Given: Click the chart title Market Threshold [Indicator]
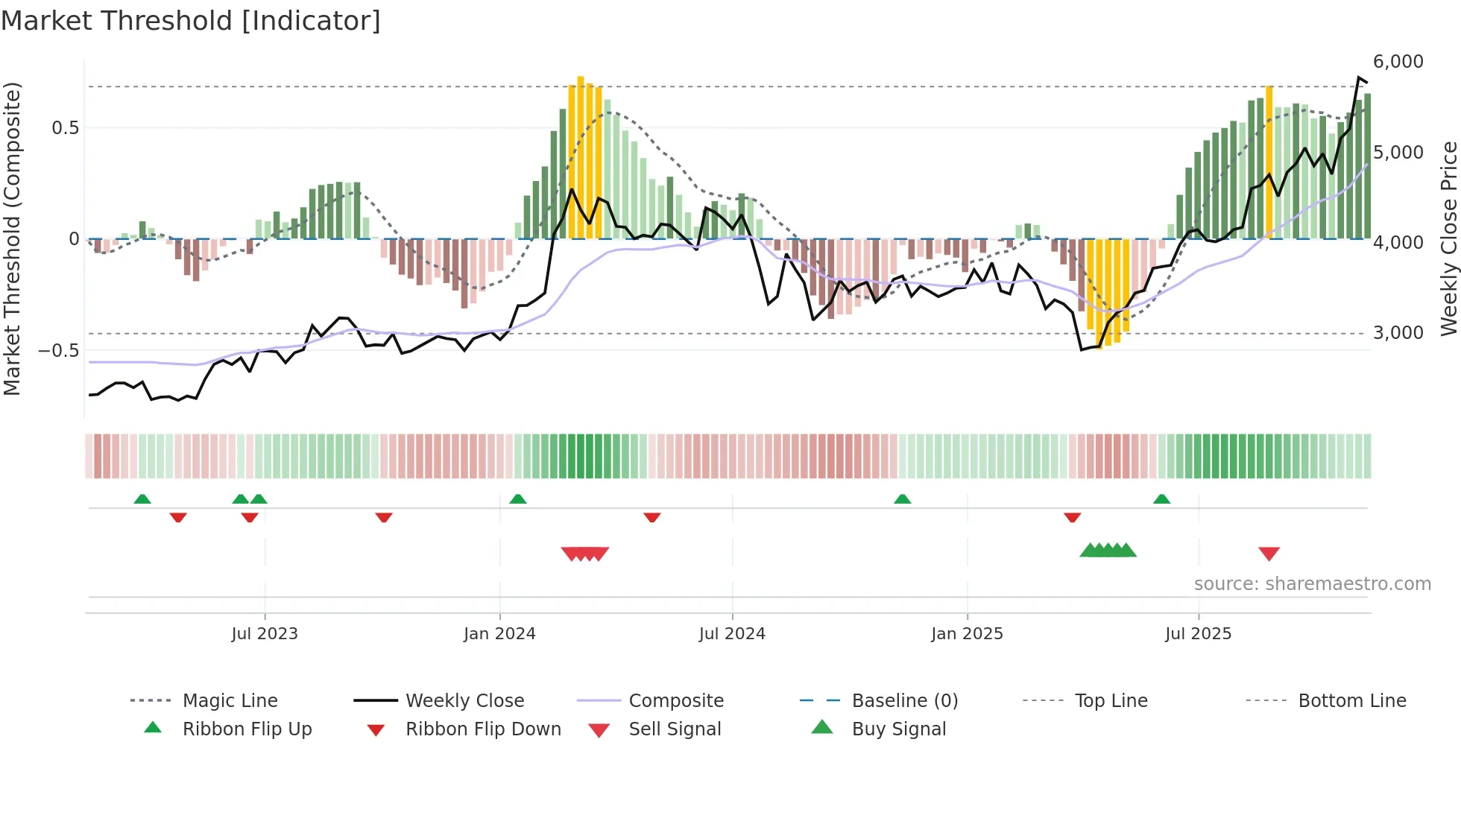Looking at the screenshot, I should [191, 21].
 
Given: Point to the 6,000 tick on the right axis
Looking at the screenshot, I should [1398, 62].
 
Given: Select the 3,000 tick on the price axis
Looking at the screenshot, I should [1398, 333].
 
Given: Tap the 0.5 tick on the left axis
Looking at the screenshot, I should [65, 128].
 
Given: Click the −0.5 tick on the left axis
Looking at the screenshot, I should [59, 350].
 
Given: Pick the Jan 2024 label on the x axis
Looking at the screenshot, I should [499, 634].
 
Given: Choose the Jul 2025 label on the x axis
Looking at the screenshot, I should [1198, 634].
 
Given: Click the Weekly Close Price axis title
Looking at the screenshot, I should [1448, 238].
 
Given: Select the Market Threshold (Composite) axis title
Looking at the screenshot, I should [12, 238].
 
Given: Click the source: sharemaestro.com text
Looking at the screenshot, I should [1312, 584].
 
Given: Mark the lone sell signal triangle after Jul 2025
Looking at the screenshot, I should [1269, 554].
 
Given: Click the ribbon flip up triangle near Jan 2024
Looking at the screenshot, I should [518, 498].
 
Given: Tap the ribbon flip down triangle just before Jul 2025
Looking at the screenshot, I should [1073, 517].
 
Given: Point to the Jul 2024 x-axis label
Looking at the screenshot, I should [732, 634].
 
